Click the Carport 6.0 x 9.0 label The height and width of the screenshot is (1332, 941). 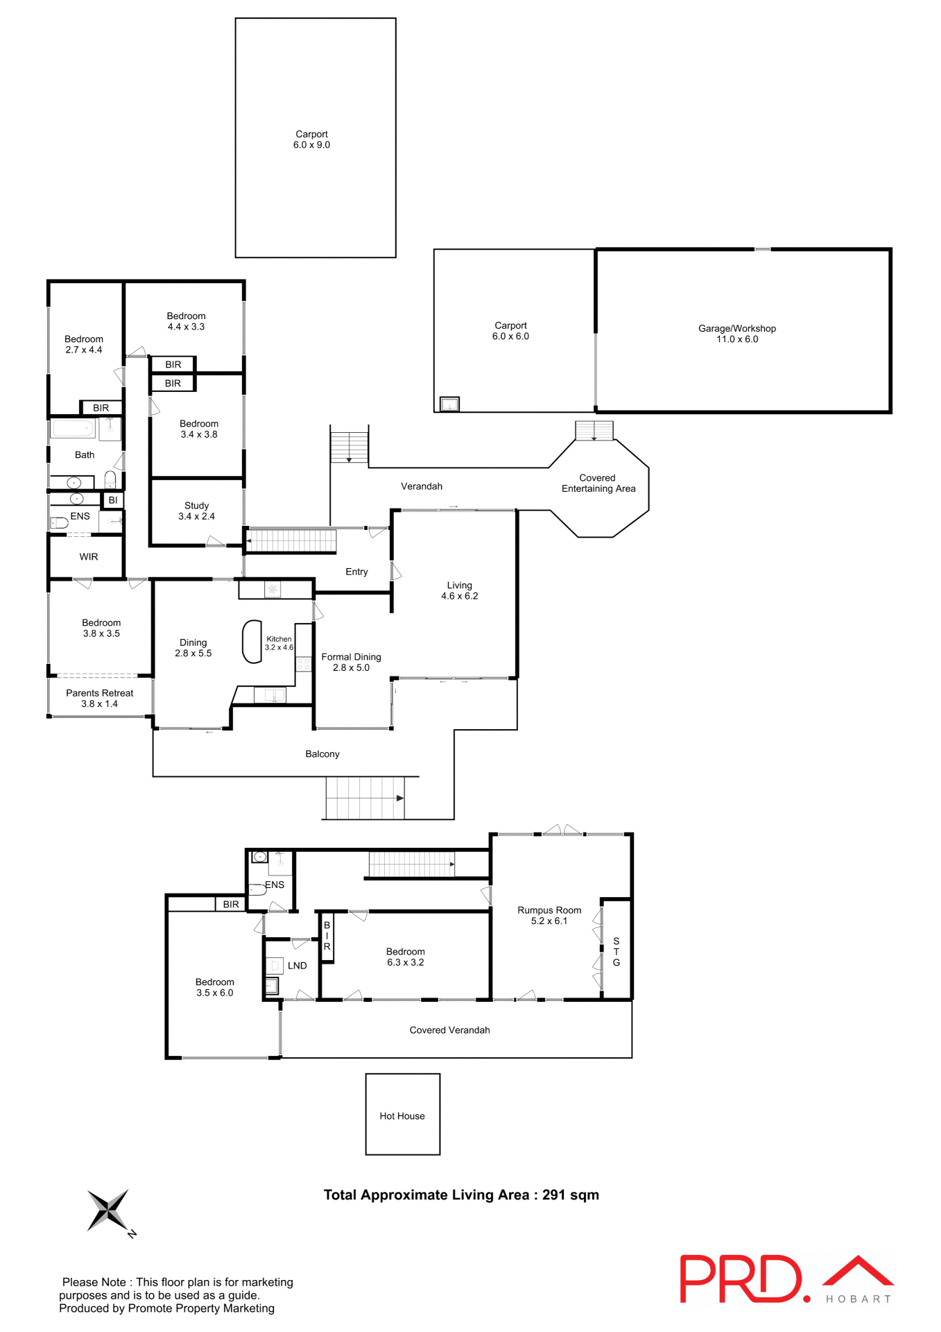click(311, 139)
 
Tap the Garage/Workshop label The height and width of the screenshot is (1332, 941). click(736, 334)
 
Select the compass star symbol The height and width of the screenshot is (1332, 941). click(108, 1210)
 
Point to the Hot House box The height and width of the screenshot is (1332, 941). click(402, 1115)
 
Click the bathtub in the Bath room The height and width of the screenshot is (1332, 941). click(73, 428)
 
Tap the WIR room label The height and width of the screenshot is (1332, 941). click(89, 556)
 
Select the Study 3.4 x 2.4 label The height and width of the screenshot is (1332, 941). click(196, 511)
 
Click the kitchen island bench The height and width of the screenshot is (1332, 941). click(252, 642)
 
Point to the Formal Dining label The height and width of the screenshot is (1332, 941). click(351, 662)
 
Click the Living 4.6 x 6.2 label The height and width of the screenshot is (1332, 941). click(459, 590)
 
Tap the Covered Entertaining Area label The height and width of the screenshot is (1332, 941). click(598, 483)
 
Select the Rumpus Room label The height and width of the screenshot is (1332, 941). click(549, 915)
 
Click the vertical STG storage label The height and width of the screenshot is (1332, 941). click(616, 952)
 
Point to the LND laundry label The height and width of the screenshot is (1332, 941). click(297, 965)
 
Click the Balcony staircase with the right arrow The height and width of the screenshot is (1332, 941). click(365, 798)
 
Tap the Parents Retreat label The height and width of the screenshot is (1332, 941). click(100, 698)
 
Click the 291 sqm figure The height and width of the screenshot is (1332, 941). click(570, 1195)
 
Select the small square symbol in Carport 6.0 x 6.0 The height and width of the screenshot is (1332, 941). click(449, 404)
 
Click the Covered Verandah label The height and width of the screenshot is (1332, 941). click(449, 1030)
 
